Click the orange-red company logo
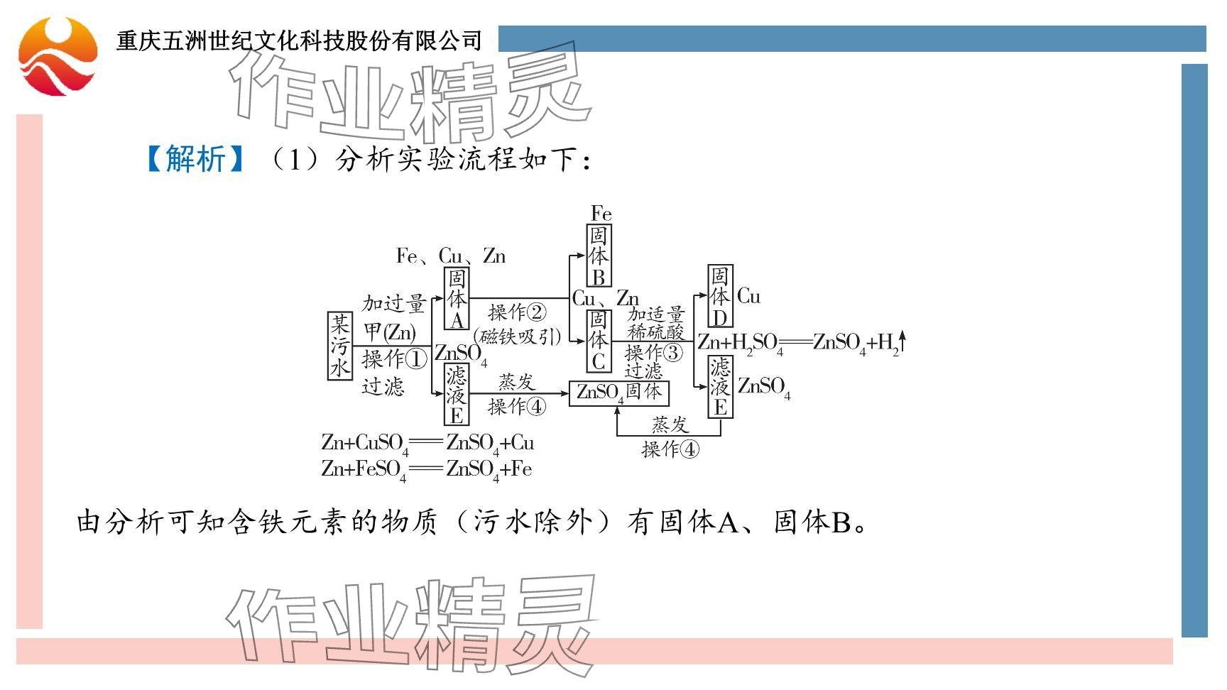58,56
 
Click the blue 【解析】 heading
195,159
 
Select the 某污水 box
339,346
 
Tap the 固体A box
457,299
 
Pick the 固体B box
599,256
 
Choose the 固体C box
599,341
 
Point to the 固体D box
720,296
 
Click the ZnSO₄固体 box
618,393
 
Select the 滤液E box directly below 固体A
457,395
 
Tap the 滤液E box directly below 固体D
720,387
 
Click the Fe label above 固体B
601,214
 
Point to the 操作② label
517,312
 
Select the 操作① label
394,359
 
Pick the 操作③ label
653,352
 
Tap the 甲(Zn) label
389,332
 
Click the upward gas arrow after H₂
902,341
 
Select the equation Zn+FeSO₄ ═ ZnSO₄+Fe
426,469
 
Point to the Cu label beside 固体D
748,297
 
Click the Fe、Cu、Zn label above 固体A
450,256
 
